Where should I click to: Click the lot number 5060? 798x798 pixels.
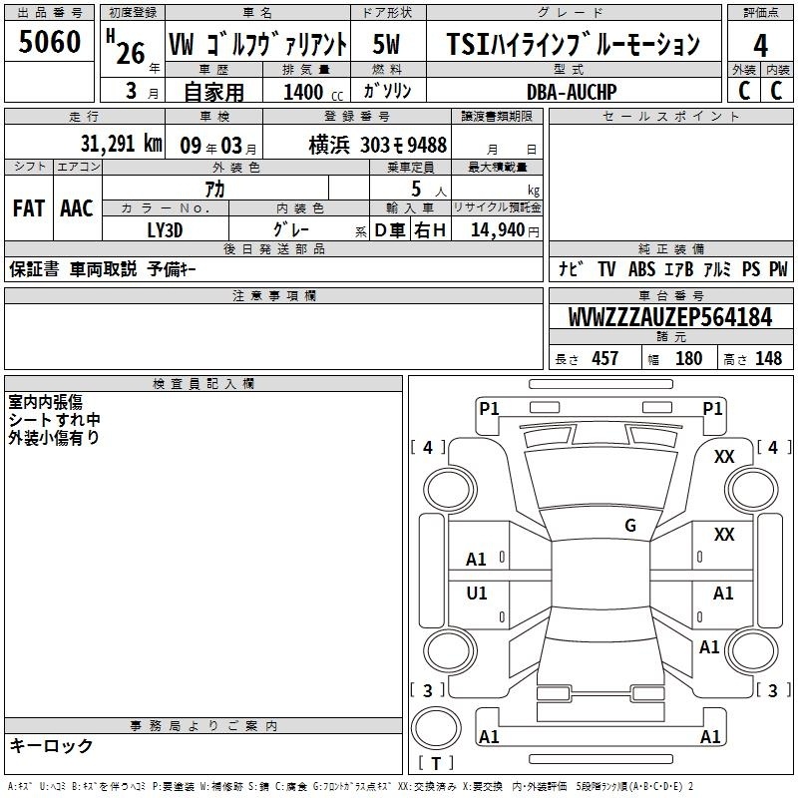point(49,42)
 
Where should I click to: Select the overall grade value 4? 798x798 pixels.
point(760,45)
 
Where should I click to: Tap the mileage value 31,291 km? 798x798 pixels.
point(121,144)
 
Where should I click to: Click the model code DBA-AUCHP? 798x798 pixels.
point(572,92)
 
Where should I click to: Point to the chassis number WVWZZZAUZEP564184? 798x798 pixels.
point(670,317)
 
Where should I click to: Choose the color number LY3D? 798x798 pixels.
point(165,230)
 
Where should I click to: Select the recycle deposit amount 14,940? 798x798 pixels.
point(498,229)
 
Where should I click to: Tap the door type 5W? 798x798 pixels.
point(386,44)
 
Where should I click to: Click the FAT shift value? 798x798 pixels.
point(29,208)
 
